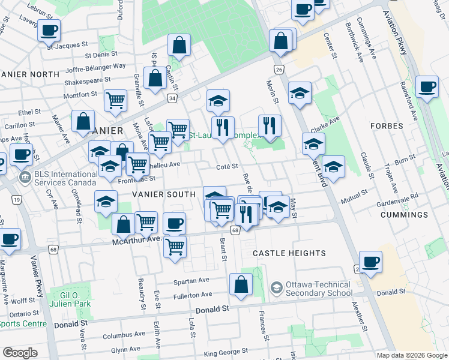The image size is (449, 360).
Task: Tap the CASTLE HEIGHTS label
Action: point(289,253)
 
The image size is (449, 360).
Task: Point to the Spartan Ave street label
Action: point(191,280)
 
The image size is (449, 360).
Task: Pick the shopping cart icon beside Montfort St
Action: point(115,100)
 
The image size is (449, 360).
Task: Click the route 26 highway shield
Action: point(279,70)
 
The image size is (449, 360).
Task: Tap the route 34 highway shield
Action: point(172,98)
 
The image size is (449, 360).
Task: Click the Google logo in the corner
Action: point(20,352)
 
